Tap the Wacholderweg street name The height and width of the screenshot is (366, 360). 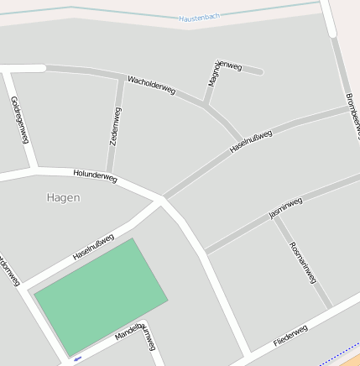(x=151, y=84)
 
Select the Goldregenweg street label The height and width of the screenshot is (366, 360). (x=20, y=120)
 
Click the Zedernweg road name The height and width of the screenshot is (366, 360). (x=116, y=127)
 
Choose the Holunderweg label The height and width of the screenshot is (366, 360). (x=95, y=176)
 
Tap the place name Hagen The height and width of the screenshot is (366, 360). (x=64, y=198)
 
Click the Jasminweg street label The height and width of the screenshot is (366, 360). (x=285, y=208)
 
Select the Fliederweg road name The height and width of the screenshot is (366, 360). (x=290, y=337)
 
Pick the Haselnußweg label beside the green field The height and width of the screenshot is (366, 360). (x=93, y=246)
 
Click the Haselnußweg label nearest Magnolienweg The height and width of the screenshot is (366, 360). (x=251, y=141)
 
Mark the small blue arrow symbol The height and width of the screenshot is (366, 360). (x=78, y=358)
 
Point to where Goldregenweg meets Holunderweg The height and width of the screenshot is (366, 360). (x=34, y=170)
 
